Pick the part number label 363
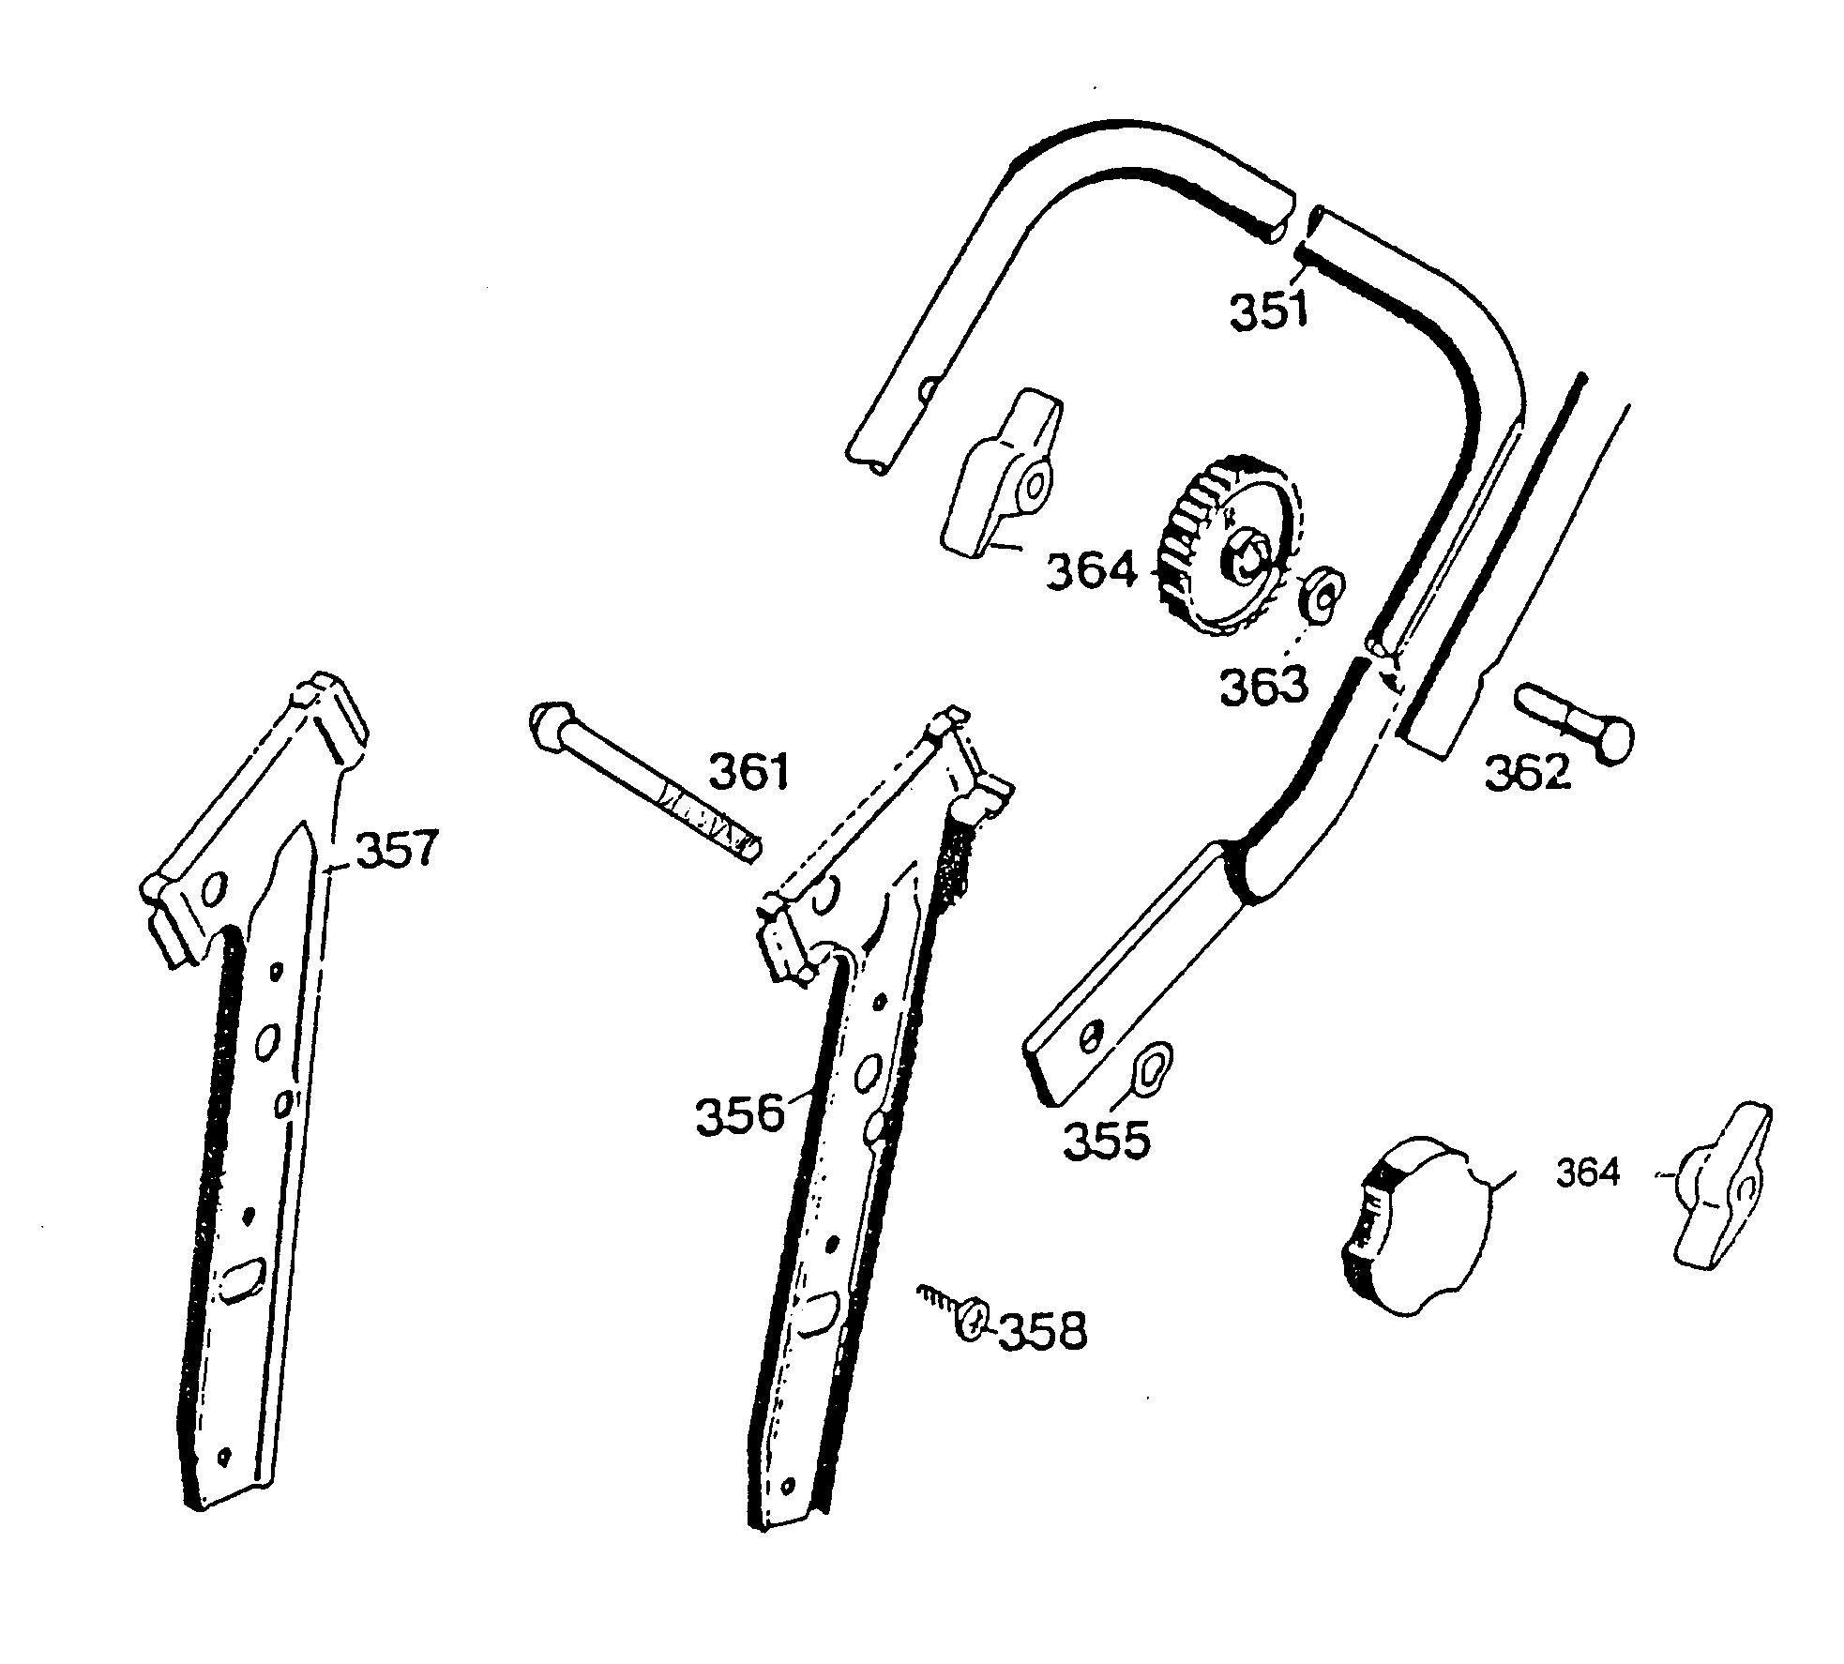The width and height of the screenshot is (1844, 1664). pyautogui.click(x=1262, y=686)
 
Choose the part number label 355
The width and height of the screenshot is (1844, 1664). pyautogui.click(x=1106, y=1140)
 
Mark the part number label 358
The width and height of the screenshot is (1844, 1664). pyautogui.click(x=1041, y=1331)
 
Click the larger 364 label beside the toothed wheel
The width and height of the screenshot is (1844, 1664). pyautogui.click(x=1091, y=571)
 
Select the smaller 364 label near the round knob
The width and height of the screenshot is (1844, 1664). pyautogui.click(x=1588, y=1173)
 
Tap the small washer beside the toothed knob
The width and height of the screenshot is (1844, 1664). pyautogui.click(x=1322, y=593)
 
